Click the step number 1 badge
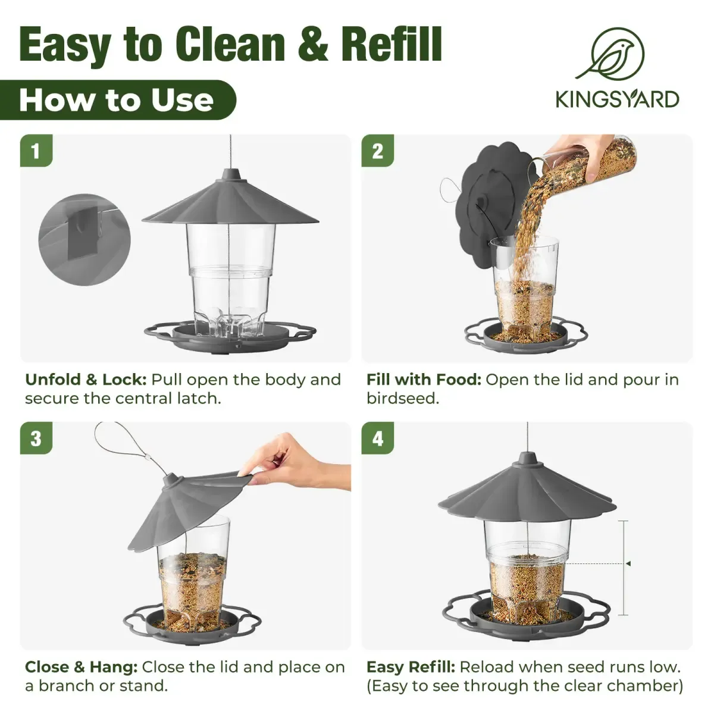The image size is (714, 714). [x=36, y=151]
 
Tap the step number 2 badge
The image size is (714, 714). [x=378, y=151]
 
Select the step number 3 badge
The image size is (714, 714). [x=36, y=439]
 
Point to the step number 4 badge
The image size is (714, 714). [x=378, y=439]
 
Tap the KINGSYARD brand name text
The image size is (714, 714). [x=617, y=99]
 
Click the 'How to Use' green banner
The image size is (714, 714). [x=117, y=100]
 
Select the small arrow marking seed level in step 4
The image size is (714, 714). [x=627, y=563]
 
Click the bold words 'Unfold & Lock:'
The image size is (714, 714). [x=86, y=380]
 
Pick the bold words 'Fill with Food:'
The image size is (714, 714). [x=424, y=380]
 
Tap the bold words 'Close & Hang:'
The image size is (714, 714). [x=81, y=667]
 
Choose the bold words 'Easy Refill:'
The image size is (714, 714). [x=411, y=667]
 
